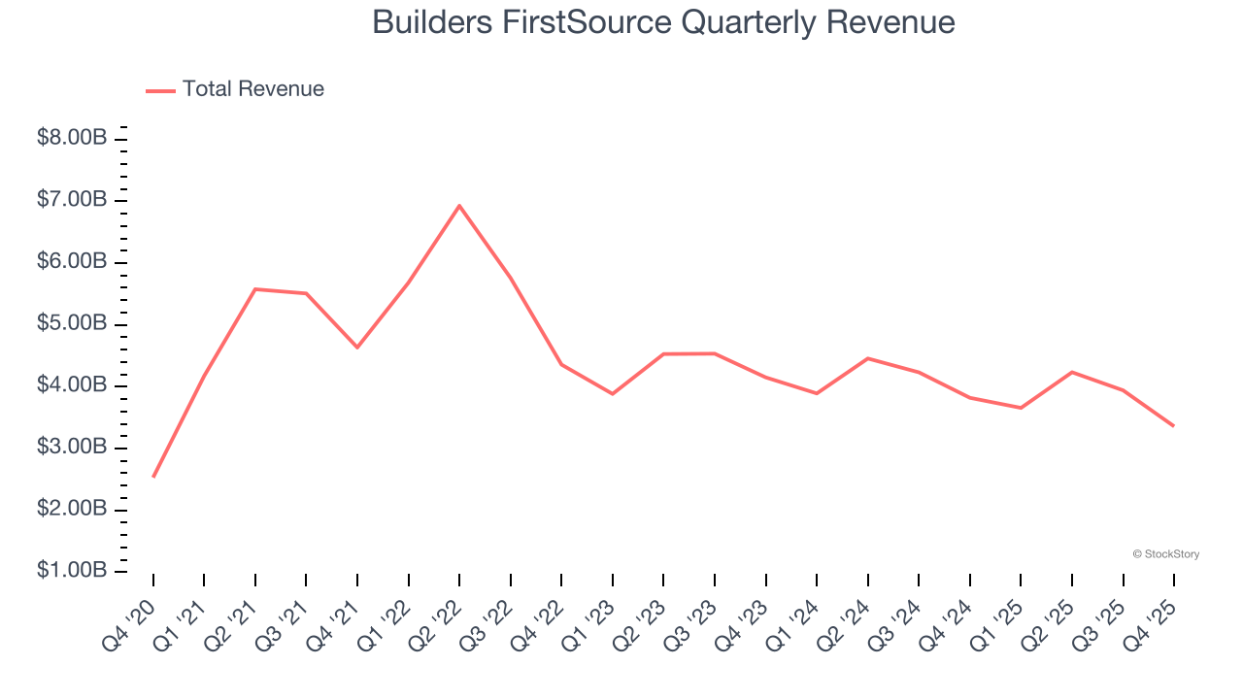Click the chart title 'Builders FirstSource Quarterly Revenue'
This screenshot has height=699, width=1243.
click(663, 22)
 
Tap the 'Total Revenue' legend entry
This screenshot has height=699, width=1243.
click(252, 89)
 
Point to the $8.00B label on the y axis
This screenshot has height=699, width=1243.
click(72, 138)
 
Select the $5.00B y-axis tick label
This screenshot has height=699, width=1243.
click(72, 323)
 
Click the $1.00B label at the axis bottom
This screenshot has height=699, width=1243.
click(72, 570)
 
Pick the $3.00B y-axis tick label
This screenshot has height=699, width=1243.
click(72, 447)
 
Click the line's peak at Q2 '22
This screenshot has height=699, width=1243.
click(459, 206)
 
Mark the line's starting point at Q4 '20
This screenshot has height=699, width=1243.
click(153, 477)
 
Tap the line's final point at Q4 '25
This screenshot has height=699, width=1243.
click(1173, 425)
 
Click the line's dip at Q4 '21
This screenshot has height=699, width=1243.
click(357, 347)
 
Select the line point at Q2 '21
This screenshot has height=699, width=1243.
click(255, 289)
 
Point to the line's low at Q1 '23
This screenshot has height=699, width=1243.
click(613, 393)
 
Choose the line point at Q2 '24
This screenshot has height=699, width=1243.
click(867, 358)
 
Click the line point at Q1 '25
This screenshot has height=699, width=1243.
click(1021, 408)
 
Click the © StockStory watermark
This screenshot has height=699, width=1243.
click(1165, 554)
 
